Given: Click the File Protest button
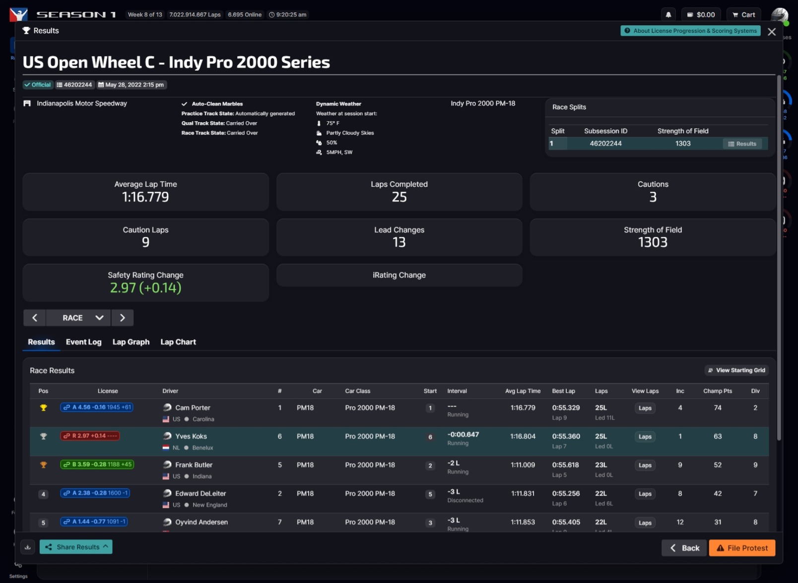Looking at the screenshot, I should tap(742, 548).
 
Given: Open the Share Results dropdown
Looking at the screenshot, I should tap(76, 547).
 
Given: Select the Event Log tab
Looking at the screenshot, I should tap(83, 342).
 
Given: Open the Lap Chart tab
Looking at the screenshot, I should tap(178, 342).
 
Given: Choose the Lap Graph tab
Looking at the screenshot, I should tap(131, 342).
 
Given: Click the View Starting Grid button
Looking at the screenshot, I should tap(736, 370).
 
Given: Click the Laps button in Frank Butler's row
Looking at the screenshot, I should tap(645, 465).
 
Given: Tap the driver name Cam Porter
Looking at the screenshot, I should tap(193, 408).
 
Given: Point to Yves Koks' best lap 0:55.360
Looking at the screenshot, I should tap(566, 436).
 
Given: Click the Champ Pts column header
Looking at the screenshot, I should tap(717, 391).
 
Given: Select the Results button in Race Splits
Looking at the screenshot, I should tap(742, 144).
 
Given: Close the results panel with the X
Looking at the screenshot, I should tap(772, 32).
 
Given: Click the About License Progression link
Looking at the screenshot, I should tap(690, 31).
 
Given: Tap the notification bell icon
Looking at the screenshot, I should tap(668, 15).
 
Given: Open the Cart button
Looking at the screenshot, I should tap(743, 15).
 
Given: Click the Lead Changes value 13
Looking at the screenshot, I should tap(399, 242).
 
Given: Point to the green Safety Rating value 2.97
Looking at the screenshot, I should tap(123, 288).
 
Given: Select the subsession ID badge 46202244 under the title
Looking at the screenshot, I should tap(74, 85).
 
